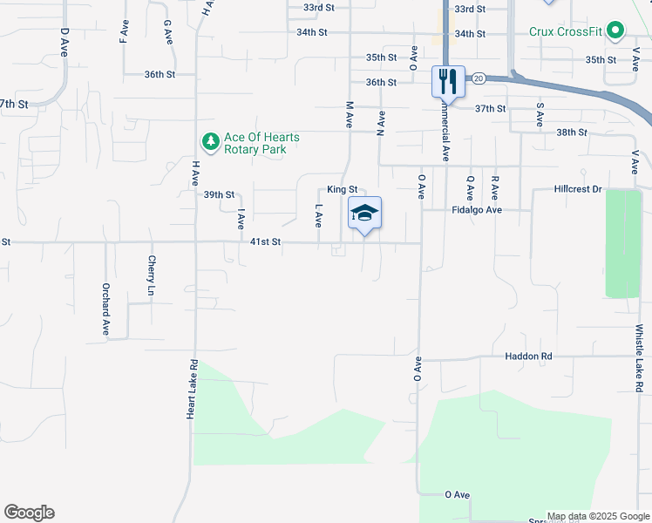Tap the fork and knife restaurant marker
point(448,82)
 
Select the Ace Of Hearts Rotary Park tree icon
point(210,140)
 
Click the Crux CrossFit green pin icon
point(615,31)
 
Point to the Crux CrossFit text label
point(567,31)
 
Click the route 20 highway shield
point(479,78)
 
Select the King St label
point(342,189)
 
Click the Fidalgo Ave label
point(477,210)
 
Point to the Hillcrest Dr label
point(578,189)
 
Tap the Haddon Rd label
point(528,357)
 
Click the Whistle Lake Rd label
point(639,358)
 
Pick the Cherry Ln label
point(152,274)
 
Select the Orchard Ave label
point(105,309)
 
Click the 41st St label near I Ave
point(265,242)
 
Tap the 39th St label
point(220,194)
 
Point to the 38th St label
point(572,132)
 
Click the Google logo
point(29,513)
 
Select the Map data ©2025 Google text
point(598,516)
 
